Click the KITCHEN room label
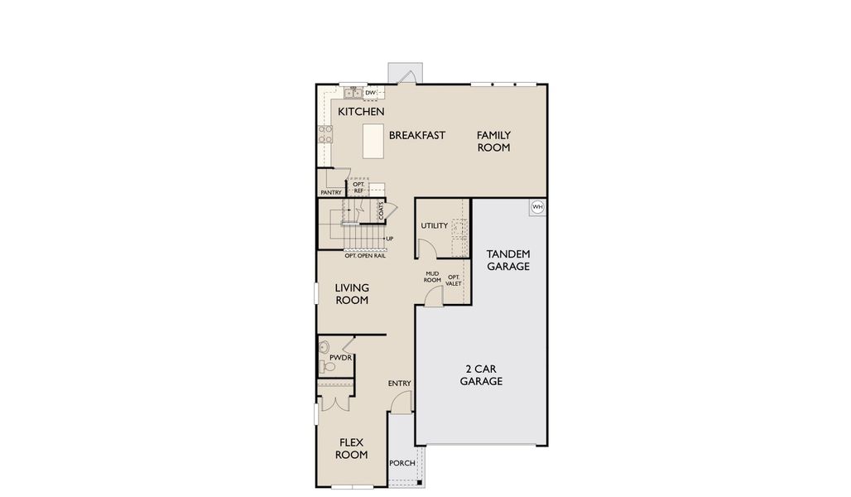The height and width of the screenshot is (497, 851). click(x=360, y=111)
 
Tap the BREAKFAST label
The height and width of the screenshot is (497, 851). click(x=417, y=135)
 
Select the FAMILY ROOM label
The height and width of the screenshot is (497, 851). click(x=493, y=141)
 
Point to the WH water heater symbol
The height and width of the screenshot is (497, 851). click(x=537, y=207)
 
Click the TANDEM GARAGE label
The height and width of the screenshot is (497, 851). click(x=507, y=260)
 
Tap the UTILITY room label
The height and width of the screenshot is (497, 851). click(x=434, y=225)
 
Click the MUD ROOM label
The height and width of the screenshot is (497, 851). click(x=432, y=277)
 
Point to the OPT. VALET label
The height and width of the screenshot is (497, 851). click(x=454, y=280)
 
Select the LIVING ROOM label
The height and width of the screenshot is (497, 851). click(x=352, y=294)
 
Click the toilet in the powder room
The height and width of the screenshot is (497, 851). click(x=325, y=347)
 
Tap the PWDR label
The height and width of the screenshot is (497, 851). click(x=340, y=359)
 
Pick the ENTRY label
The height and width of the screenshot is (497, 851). click(x=399, y=383)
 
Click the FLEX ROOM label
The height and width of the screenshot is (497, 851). click(x=351, y=448)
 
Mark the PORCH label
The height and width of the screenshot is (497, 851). click(x=401, y=464)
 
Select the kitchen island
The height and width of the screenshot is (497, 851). click(x=373, y=141)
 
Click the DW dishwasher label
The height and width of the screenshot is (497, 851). click(x=370, y=93)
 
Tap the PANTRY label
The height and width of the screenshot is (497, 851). click(x=331, y=192)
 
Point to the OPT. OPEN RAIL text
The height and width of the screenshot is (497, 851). click(x=365, y=255)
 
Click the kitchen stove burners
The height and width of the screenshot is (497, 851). click(x=325, y=134)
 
